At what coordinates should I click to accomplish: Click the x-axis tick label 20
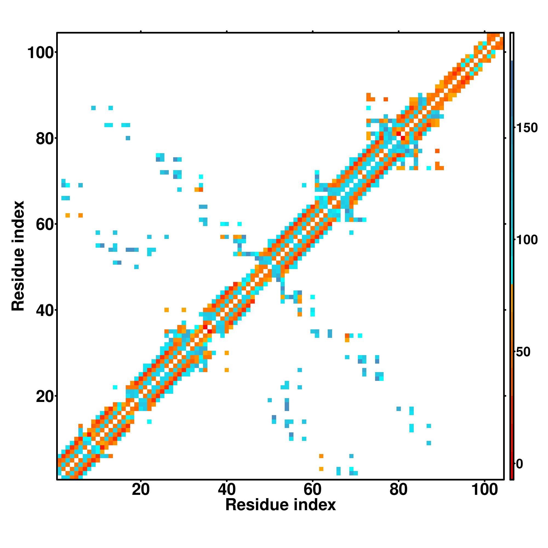141,490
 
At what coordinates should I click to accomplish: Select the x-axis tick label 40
227,490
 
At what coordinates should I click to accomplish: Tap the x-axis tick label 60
313,490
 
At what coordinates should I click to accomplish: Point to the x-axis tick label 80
398,490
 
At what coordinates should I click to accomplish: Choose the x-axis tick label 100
484,490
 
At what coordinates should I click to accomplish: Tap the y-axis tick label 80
45,139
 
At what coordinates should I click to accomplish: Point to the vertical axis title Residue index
18,256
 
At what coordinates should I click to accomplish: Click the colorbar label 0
520,464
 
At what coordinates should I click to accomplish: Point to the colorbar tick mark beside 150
515,128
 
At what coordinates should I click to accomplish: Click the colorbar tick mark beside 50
515,352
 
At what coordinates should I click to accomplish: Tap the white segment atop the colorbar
512,47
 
